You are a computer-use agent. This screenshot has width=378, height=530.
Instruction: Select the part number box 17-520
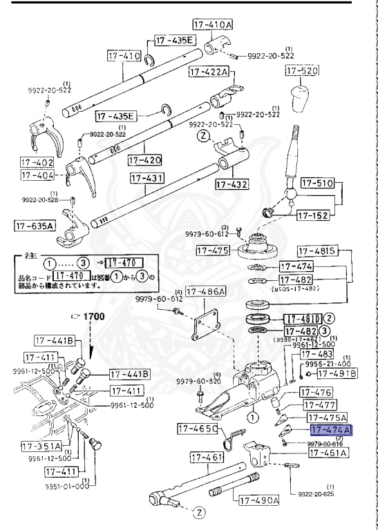[x=302, y=71]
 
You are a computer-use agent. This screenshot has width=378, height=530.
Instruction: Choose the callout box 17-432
[x=231, y=184]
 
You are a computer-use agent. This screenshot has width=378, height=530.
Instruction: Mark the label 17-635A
[x=34, y=226]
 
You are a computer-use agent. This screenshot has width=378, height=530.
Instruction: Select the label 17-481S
[x=317, y=251]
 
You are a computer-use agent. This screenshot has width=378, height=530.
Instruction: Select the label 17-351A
[x=33, y=445]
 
